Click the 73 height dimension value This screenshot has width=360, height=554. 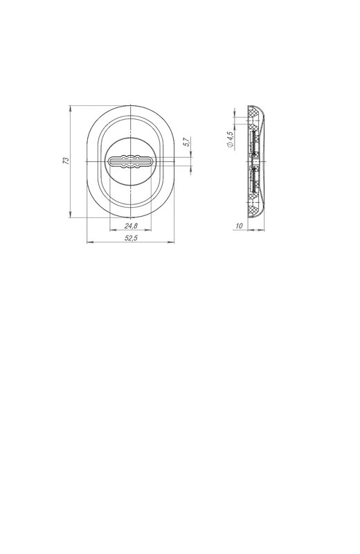click(x=66, y=161)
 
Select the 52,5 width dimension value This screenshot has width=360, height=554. click(x=131, y=238)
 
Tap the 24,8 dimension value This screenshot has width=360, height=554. click(x=131, y=226)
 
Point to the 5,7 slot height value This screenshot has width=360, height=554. click(x=186, y=142)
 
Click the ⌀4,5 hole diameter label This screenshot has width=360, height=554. click(x=230, y=140)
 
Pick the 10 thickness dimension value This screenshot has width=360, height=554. click(x=239, y=226)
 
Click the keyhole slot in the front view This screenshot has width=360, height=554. click(x=131, y=161)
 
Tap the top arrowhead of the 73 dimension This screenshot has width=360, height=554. click(x=71, y=108)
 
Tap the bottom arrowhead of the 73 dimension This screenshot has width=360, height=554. click(x=71, y=215)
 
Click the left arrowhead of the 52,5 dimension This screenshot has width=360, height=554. click(x=90, y=242)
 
